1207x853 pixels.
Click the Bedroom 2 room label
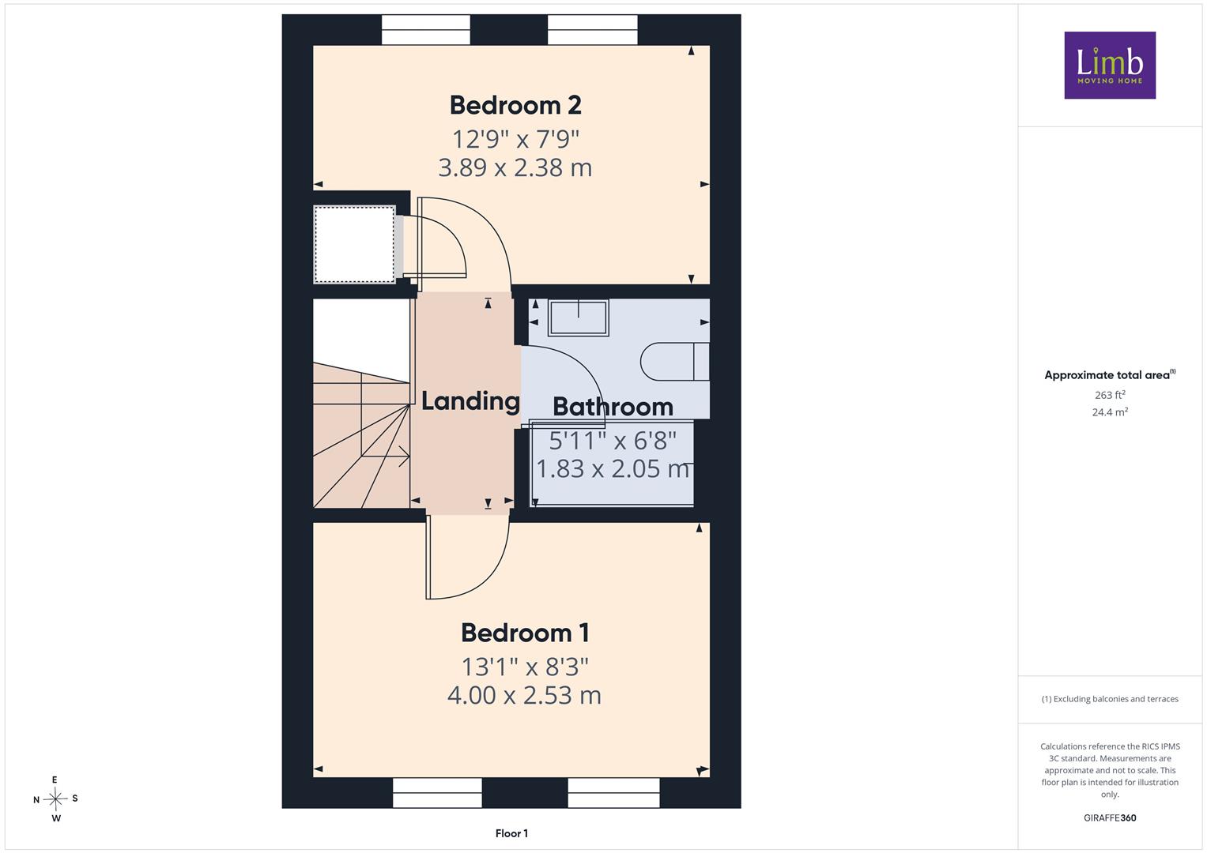point(515,105)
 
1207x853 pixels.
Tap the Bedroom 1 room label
point(525,633)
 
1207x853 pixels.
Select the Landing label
point(470,402)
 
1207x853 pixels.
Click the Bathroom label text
point(613,407)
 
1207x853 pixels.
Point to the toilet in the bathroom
point(674,362)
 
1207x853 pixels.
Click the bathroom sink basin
point(578,318)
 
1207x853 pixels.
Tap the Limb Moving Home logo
point(1110,65)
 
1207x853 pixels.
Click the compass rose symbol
point(55,799)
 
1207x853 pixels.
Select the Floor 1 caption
point(511,833)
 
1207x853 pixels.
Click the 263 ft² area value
point(1110,395)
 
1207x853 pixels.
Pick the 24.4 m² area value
point(1110,412)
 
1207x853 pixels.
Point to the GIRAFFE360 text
point(1110,817)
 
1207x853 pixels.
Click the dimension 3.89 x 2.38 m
point(515,168)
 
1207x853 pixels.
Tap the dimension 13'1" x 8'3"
point(525,667)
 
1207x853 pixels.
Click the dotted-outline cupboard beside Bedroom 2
point(355,244)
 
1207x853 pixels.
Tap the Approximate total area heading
point(1110,375)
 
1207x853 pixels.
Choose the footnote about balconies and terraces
point(1110,699)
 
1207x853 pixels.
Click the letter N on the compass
point(36,800)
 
